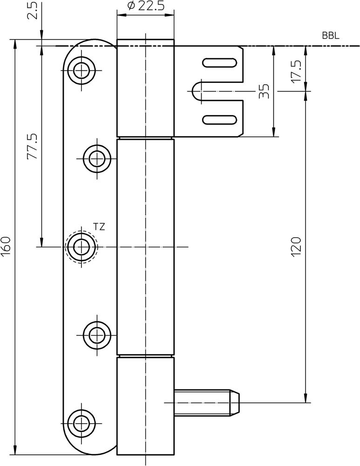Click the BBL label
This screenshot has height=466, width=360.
coord(331,36)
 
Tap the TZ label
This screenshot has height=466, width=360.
coord(99,227)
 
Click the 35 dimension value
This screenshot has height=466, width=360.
coord(264,91)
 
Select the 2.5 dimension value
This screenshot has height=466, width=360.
coord(32,10)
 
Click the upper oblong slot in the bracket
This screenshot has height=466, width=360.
coord(218,63)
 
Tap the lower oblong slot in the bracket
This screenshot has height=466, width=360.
coord(218,119)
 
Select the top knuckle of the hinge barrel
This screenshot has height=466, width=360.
coord(145,89)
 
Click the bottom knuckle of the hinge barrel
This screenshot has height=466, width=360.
coord(145,405)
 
